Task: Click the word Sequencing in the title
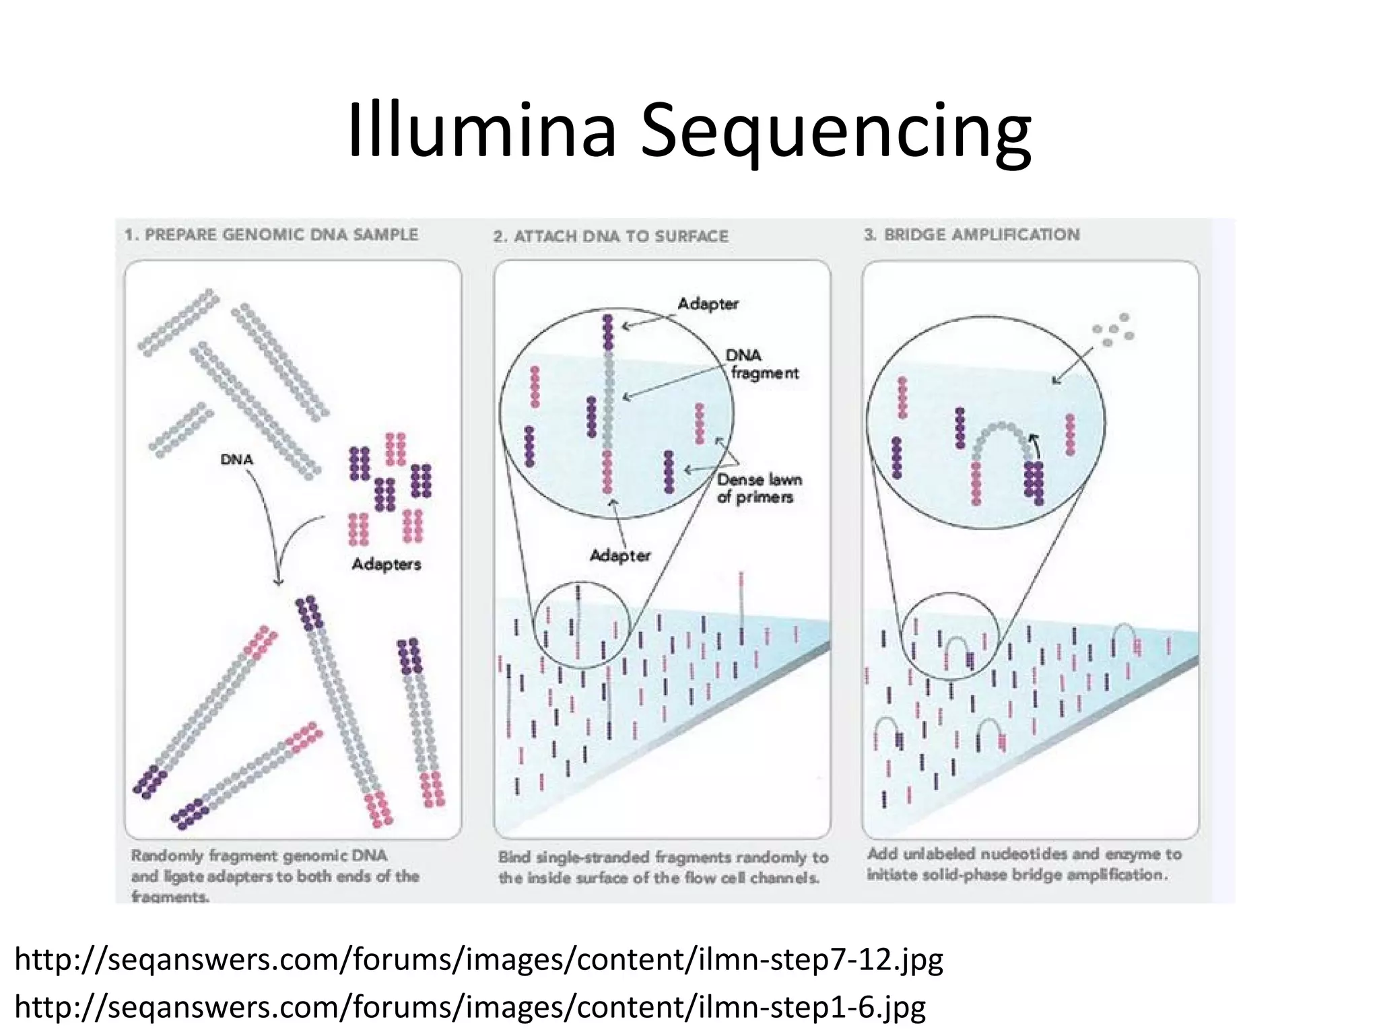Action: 835,135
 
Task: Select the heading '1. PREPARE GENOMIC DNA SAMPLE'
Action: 271,235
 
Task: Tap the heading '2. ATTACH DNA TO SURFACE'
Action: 611,236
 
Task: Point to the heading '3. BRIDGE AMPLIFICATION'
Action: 972,235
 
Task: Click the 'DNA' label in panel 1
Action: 237,459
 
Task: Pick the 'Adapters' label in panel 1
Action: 386,563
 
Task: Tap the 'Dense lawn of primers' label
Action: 759,488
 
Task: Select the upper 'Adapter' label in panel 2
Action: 708,304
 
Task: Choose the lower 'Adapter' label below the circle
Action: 620,555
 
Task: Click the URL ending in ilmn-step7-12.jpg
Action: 479,959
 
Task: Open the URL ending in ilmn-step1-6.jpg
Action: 470,1007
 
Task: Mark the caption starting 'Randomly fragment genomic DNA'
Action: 275,875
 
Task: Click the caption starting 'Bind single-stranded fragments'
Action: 663,867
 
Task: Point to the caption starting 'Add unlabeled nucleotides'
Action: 1024,864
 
